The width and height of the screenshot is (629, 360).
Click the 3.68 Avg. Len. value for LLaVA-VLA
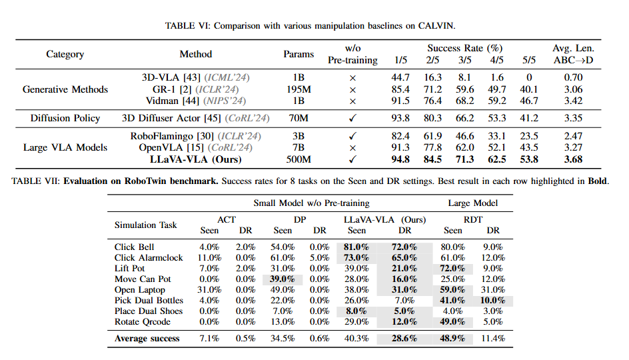tap(573, 159)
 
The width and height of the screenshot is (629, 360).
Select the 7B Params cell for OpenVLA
tap(299, 147)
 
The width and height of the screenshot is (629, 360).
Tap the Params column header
tap(299, 54)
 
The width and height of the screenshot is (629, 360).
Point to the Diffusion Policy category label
tap(65, 118)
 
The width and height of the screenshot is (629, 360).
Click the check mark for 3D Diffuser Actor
tap(352, 119)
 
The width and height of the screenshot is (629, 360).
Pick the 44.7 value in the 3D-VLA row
tap(400, 77)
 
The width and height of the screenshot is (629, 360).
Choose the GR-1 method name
tap(164, 89)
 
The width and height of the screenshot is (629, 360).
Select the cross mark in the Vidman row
tap(352, 101)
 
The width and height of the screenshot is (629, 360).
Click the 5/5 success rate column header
tap(528, 60)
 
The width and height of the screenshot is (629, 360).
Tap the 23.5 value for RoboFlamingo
tap(528, 136)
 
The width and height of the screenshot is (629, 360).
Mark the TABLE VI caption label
tap(187, 26)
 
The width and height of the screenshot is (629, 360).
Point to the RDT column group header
tap(473, 219)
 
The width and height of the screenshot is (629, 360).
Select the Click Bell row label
tap(134, 247)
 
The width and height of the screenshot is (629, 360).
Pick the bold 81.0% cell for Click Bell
tap(356, 247)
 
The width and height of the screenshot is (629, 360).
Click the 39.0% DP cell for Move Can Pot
tap(282, 279)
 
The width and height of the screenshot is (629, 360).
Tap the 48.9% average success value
tap(452, 338)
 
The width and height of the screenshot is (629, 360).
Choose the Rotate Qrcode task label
tap(143, 321)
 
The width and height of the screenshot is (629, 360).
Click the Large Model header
tap(473, 203)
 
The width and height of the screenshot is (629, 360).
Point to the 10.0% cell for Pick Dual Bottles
tap(493, 300)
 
